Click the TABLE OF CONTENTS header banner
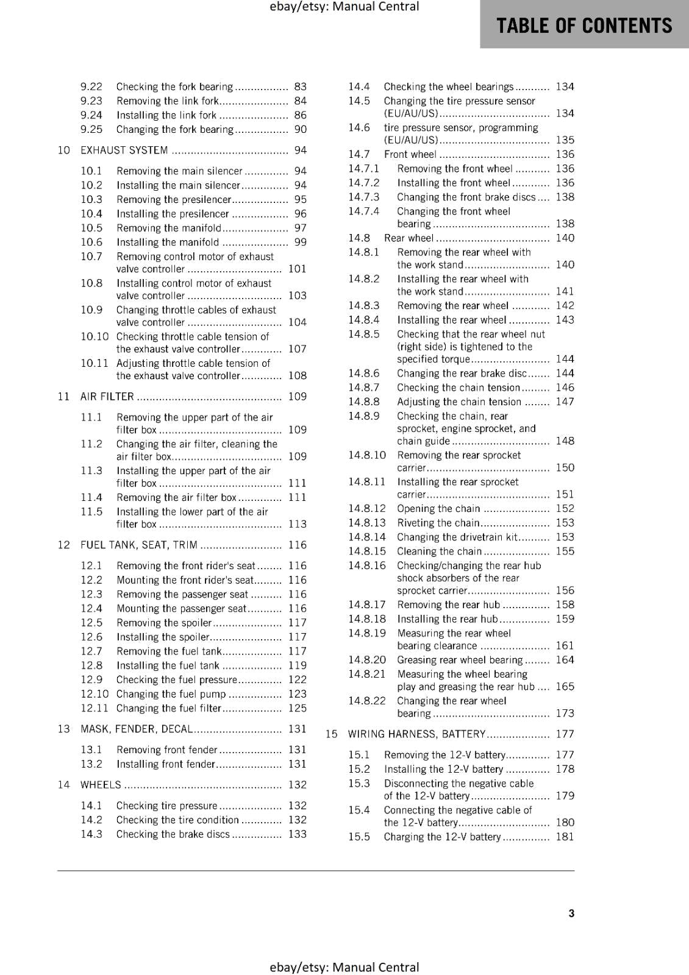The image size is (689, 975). pos(584,25)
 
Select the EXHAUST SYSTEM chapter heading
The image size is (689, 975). pos(124,151)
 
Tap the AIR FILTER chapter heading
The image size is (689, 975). pos(107,397)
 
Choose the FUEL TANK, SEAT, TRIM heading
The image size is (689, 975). pos(139,545)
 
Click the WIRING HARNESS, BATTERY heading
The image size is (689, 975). pos(416,734)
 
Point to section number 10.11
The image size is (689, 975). pos(95,363)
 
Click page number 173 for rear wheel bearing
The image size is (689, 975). pos(565,714)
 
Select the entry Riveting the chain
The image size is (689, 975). pos(438,523)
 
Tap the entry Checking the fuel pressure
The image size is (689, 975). pos(177,680)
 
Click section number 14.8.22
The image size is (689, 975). pos(367,701)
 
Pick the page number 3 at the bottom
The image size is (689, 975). pos(571,913)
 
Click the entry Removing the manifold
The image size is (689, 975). pos(169,228)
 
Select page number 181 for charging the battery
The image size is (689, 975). pos(565,837)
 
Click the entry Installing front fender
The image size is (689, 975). pos(166,764)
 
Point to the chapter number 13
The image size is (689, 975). pos(64,729)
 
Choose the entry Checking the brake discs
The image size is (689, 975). pos(173,834)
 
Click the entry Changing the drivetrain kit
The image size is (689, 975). pos(457,537)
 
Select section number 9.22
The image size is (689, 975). pos(91,87)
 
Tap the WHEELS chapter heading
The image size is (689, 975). pos(101,785)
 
